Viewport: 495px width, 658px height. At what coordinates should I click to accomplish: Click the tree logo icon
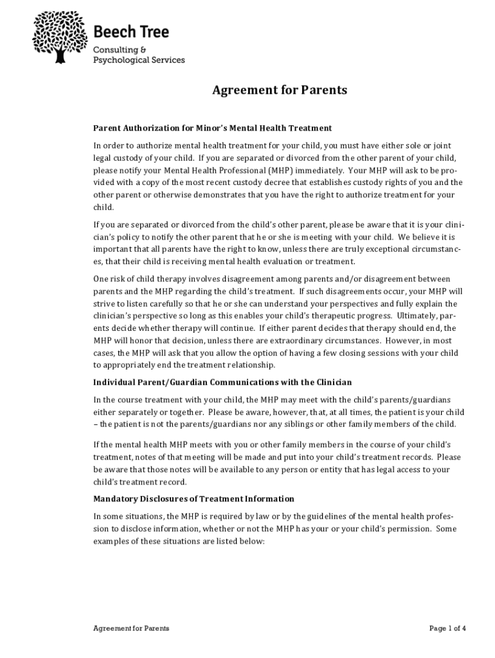click(60, 36)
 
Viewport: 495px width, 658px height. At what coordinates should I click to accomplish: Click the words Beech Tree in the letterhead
click(131, 31)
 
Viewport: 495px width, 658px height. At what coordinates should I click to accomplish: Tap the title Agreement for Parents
click(280, 90)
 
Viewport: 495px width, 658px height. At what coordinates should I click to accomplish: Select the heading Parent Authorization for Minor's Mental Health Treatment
click(212, 128)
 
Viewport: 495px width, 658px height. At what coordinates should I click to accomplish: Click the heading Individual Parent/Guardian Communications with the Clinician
click(222, 383)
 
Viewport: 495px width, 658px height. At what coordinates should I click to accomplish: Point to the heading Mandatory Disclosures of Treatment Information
click(194, 499)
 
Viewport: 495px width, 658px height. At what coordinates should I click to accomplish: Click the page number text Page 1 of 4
click(447, 628)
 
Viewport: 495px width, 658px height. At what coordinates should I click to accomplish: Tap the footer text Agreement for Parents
click(131, 628)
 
